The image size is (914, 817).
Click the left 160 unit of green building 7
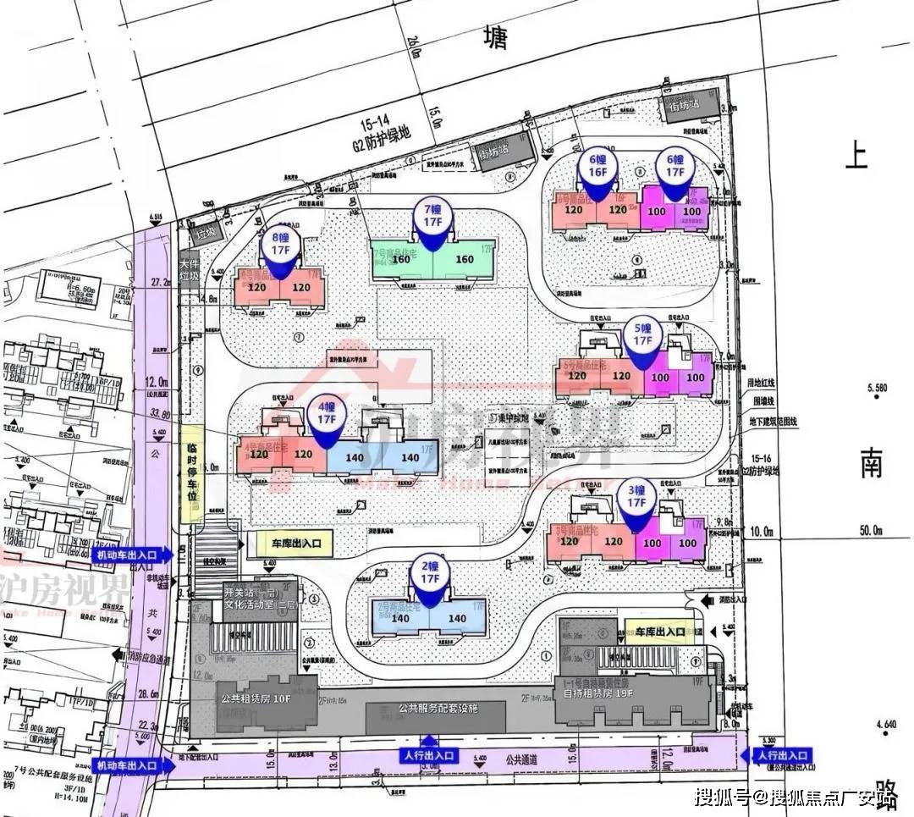(400, 259)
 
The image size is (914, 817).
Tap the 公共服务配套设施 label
(438, 709)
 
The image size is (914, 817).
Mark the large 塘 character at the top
(496, 39)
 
